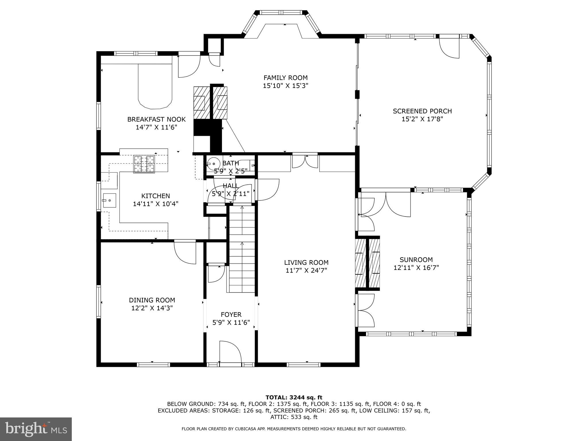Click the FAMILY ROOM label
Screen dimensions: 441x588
point(285,78)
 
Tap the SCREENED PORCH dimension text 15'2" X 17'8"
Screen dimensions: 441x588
point(422,119)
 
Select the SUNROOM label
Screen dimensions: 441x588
point(416,260)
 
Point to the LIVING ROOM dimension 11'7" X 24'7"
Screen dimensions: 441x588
point(306,270)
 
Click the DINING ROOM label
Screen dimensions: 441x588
point(152,300)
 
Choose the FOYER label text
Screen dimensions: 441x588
point(231,315)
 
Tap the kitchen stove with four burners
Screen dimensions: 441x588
point(144,164)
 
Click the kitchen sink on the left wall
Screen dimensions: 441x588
point(109,200)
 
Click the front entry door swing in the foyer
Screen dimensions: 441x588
point(230,352)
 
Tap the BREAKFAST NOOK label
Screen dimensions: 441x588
point(156,119)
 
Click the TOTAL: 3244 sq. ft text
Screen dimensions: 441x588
point(294,398)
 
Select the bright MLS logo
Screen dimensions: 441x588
point(36,430)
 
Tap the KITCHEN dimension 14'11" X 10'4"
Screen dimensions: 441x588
point(156,204)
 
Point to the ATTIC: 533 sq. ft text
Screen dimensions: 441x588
point(294,417)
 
